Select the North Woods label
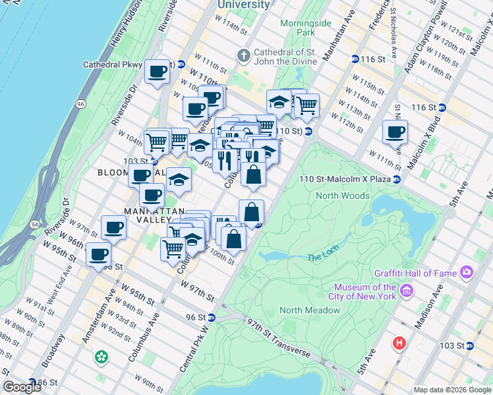point(343,196)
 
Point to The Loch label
point(322,257)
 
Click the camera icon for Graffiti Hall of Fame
point(467,271)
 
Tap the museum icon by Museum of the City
point(407,291)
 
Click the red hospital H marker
point(398,343)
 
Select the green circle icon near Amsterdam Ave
point(101,357)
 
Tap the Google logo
point(22,387)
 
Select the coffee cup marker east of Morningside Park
point(395,132)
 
